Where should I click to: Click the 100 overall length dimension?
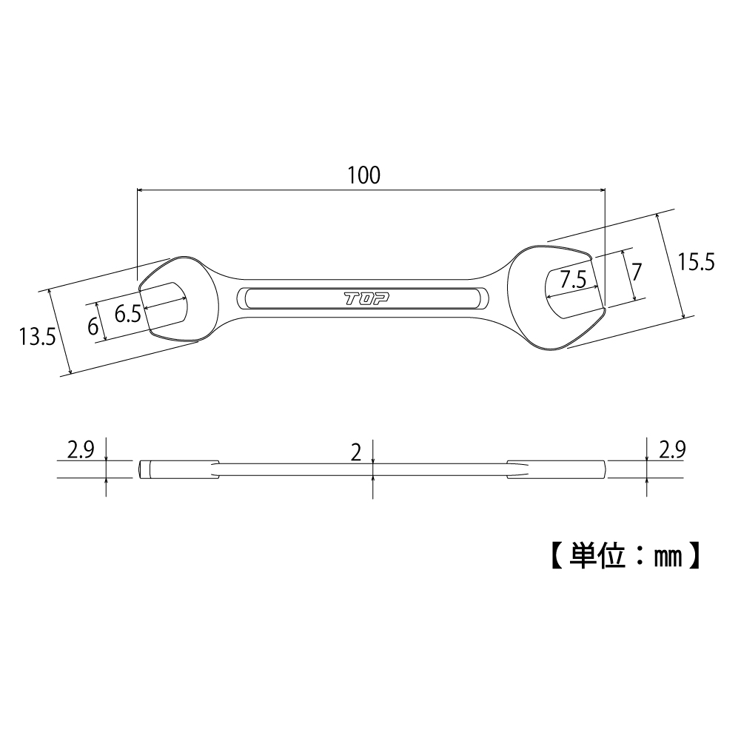click(x=363, y=175)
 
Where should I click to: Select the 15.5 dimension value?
click(x=696, y=262)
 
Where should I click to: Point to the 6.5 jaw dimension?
click(x=127, y=314)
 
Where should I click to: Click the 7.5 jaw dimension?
click(x=573, y=280)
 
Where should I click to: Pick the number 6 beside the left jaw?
click(x=93, y=326)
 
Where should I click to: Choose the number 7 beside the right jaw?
click(x=636, y=270)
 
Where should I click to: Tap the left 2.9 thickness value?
click(x=80, y=449)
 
